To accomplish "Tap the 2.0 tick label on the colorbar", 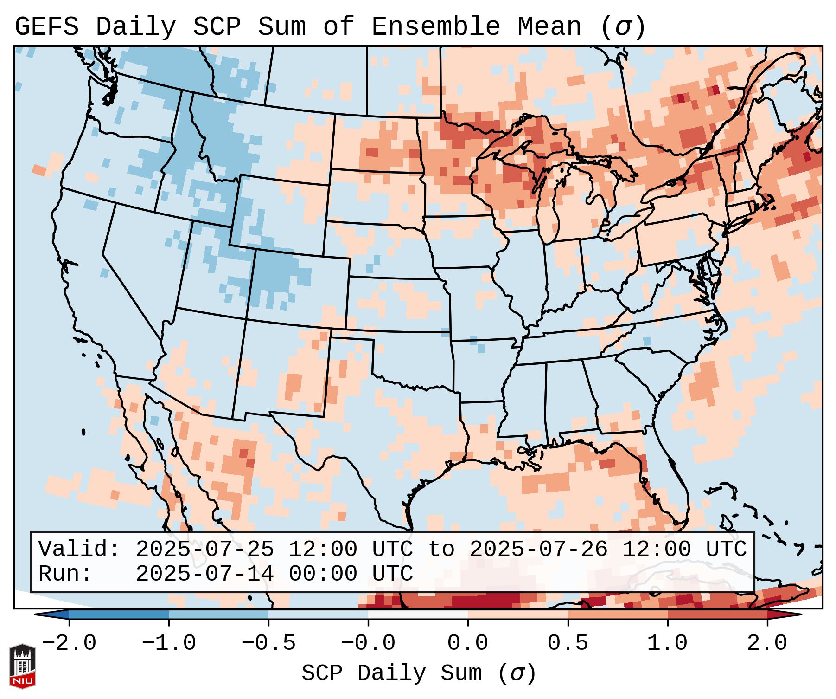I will click(x=767, y=643).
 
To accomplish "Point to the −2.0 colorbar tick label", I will click(x=69, y=643).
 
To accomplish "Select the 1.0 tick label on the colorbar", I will click(x=667, y=643).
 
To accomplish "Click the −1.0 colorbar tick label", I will click(x=168, y=643).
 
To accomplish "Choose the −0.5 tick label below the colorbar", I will click(x=268, y=643).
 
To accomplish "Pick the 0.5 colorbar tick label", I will click(x=568, y=643).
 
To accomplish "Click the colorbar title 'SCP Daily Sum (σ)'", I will click(x=419, y=673).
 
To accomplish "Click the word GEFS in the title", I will click(x=46, y=27).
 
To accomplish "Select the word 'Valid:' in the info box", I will click(x=79, y=549).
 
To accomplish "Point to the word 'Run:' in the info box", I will click(x=65, y=574).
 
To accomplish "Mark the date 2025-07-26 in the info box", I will click(x=538, y=549).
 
